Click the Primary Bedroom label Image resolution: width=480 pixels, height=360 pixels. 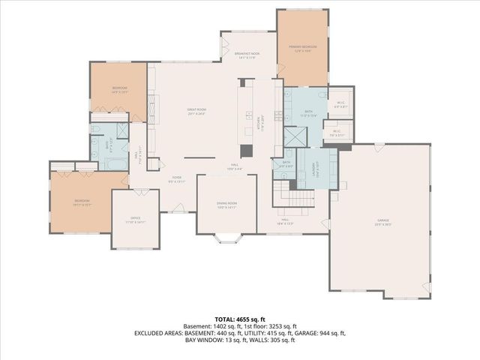[303, 49]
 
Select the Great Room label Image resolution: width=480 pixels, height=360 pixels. [196, 111]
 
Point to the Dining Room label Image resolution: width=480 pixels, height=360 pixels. [226, 205]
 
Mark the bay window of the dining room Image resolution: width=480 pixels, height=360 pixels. [226, 239]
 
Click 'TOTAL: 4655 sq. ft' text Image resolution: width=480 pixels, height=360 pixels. [239, 319]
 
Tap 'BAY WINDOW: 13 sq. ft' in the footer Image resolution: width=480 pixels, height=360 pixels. [212, 340]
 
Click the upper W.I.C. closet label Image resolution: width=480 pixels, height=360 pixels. [340, 105]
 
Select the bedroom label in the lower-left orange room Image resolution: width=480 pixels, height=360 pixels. [82, 201]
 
